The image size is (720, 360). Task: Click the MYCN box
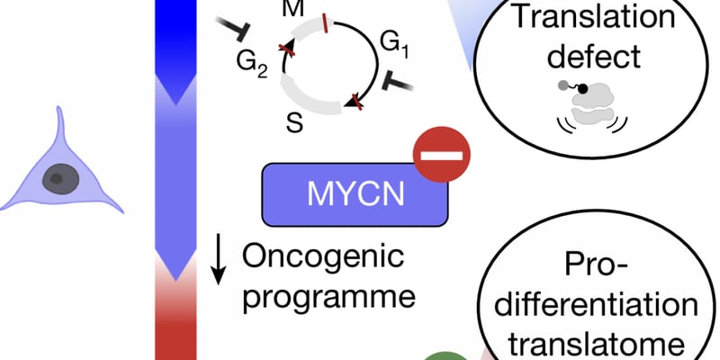coord(355,193)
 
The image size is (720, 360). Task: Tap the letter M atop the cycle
coord(293,7)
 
